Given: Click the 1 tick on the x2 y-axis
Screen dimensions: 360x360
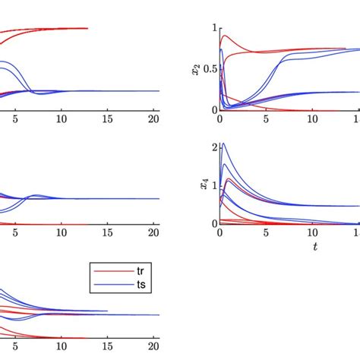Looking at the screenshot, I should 213,27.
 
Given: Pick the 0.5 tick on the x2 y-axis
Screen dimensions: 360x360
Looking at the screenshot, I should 208,68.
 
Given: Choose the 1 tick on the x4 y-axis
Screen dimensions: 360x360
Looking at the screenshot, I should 213,185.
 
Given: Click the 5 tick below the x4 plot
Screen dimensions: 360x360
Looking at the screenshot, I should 266,232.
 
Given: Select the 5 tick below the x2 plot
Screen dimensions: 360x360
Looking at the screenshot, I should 266,118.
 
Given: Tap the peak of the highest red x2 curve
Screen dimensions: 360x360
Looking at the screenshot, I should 223,35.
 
